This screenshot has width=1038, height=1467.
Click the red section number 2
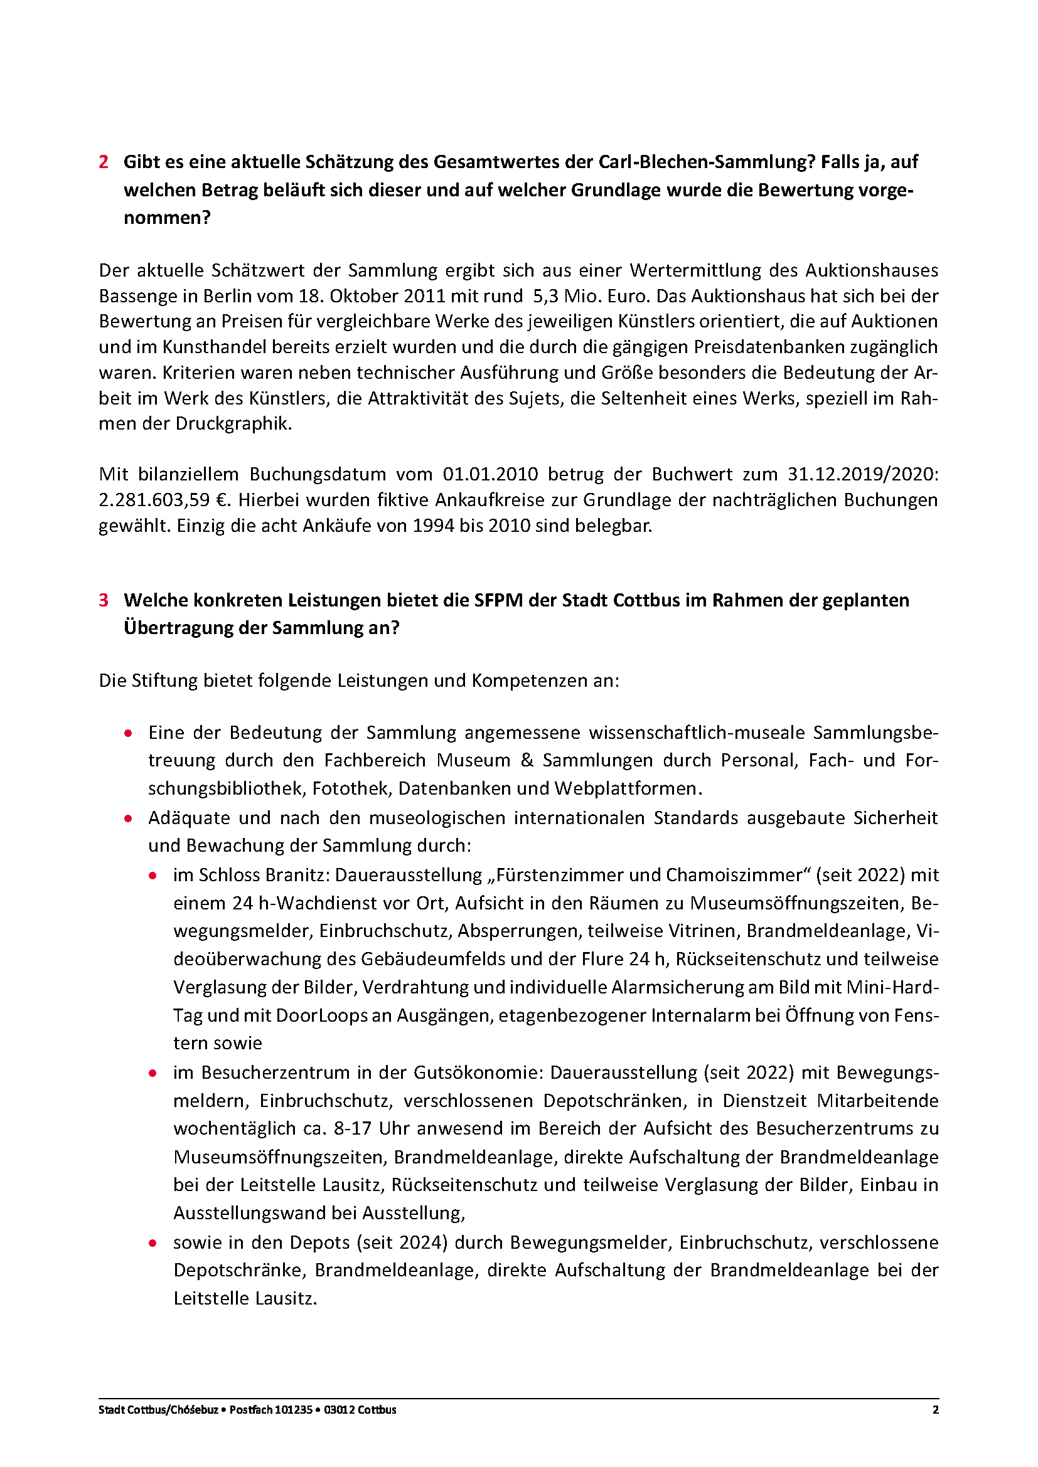104,162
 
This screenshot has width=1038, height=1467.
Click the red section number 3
104,600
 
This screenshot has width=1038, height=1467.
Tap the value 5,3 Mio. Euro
592,296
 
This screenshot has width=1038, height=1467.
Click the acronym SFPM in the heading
498,600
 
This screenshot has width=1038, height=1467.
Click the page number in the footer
936,1409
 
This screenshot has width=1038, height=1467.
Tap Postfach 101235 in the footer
271,1409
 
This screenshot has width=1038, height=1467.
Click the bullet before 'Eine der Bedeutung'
129,733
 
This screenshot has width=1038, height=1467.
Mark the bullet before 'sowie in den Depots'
152,1242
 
